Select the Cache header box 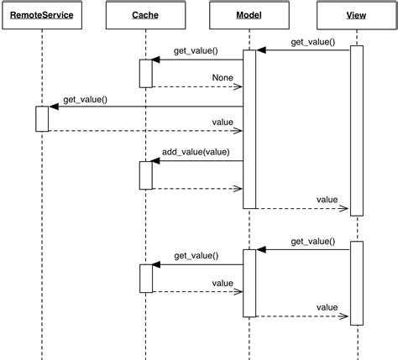click(x=145, y=15)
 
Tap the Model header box click(x=249, y=15)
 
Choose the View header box click(x=356, y=15)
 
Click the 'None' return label click(x=222, y=78)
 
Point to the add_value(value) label click(x=196, y=153)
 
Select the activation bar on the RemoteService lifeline click(x=42, y=118)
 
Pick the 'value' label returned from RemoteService click(x=222, y=123)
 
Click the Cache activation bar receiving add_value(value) click(x=145, y=175)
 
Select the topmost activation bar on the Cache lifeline click(x=145, y=73)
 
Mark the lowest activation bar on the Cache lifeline click(x=145, y=278)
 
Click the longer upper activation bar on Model click(x=249, y=129)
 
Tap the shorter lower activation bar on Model click(x=249, y=283)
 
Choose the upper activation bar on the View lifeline click(x=356, y=130)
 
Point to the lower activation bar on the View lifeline click(x=356, y=282)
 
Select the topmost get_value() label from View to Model click(x=312, y=41)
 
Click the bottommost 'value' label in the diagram click(x=327, y=307)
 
